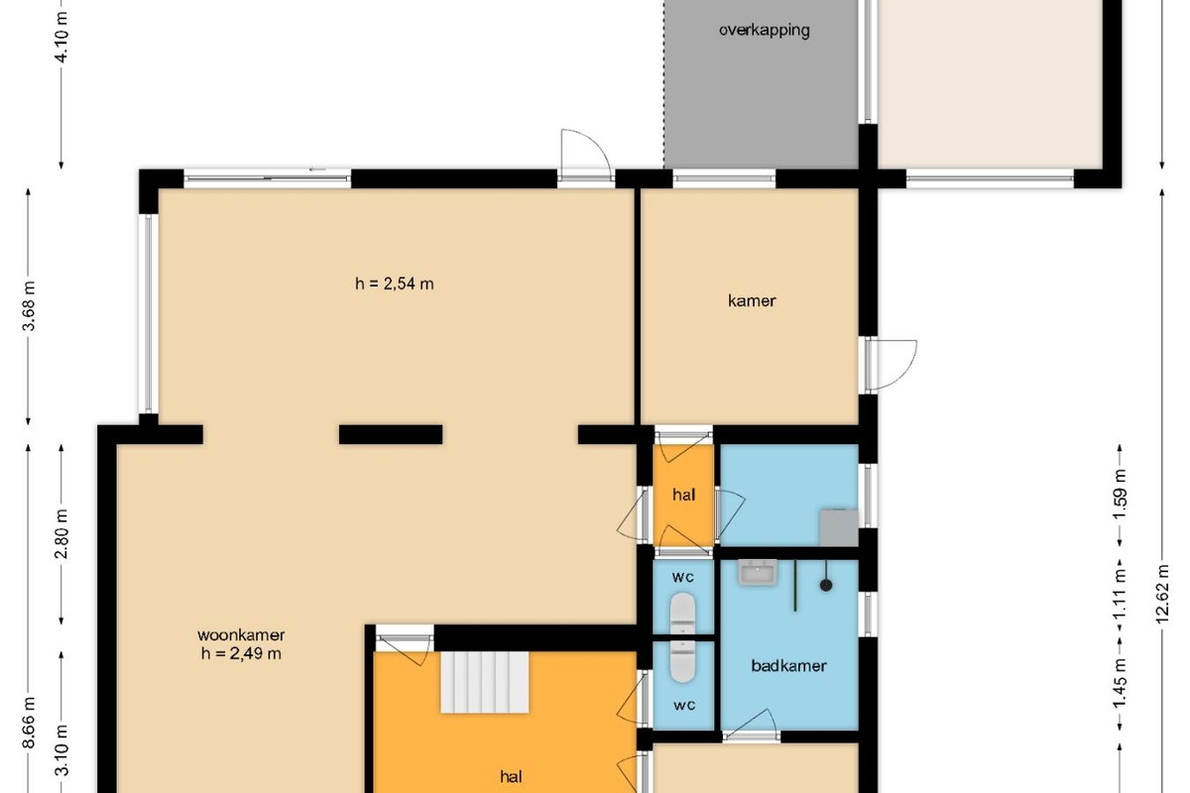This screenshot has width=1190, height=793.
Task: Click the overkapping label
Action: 764,31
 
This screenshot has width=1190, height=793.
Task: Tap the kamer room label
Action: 752,301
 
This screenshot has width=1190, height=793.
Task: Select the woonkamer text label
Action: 241,634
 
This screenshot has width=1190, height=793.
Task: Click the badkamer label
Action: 789,665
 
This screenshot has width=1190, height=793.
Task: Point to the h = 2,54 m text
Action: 395,283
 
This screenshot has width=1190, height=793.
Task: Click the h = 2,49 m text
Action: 241,653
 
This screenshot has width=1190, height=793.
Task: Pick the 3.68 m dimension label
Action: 29,306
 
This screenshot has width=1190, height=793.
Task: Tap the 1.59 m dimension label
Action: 1120,495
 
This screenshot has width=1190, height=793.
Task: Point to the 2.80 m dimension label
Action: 61,534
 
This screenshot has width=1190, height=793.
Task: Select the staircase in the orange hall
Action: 485,683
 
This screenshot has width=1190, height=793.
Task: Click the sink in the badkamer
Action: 758,573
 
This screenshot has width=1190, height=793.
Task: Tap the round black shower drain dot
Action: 826,585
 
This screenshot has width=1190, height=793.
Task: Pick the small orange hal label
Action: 683,495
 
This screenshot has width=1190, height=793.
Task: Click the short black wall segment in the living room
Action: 391,434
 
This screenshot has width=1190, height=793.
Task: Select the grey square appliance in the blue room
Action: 839,527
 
